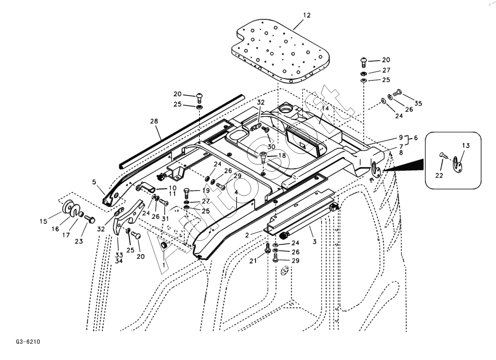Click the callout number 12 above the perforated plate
307,15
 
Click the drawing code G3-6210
28,342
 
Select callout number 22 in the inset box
439,175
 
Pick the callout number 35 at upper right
418,103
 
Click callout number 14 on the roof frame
325,108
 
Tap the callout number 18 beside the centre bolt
282,156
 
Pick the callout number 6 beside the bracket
415,138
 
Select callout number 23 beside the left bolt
79,241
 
